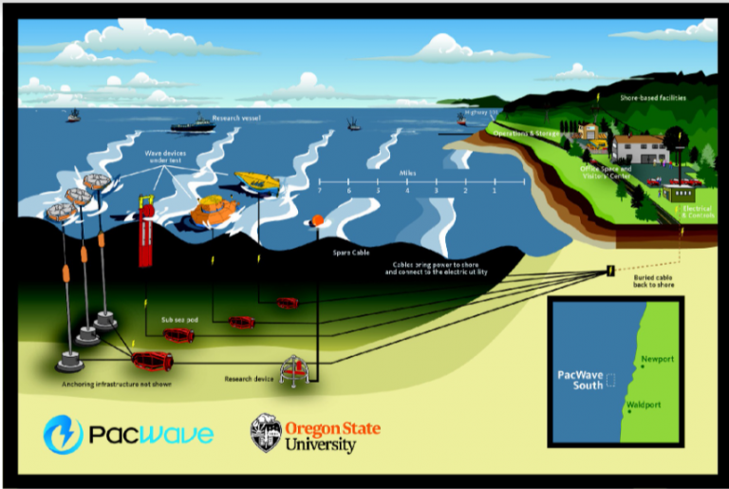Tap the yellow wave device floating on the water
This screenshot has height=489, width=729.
click(x=257, y=180)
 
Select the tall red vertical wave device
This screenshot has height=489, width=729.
click(x=145, y=233)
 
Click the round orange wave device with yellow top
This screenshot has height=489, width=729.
click(x=214, y=211)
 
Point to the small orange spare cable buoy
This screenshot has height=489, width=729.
click(x=317, y=221)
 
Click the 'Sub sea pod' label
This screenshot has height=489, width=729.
click(x=178, y=320)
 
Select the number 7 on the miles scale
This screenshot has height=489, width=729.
click(x=321, y=192)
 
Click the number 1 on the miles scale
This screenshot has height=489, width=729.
click(x=495, y=192)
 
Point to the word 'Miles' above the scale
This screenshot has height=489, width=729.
click(x=410, y=174)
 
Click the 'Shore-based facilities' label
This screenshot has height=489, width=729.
click(x=652, y=98)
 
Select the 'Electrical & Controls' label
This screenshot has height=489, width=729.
click(x=696, y=213)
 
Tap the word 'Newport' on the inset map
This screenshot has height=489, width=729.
click(x=658, y=359)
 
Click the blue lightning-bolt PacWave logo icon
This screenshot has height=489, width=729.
click(x=64, y=434)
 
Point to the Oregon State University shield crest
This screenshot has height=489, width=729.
click(x=266, y=432)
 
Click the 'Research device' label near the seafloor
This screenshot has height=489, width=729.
click(x=250, y=378)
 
